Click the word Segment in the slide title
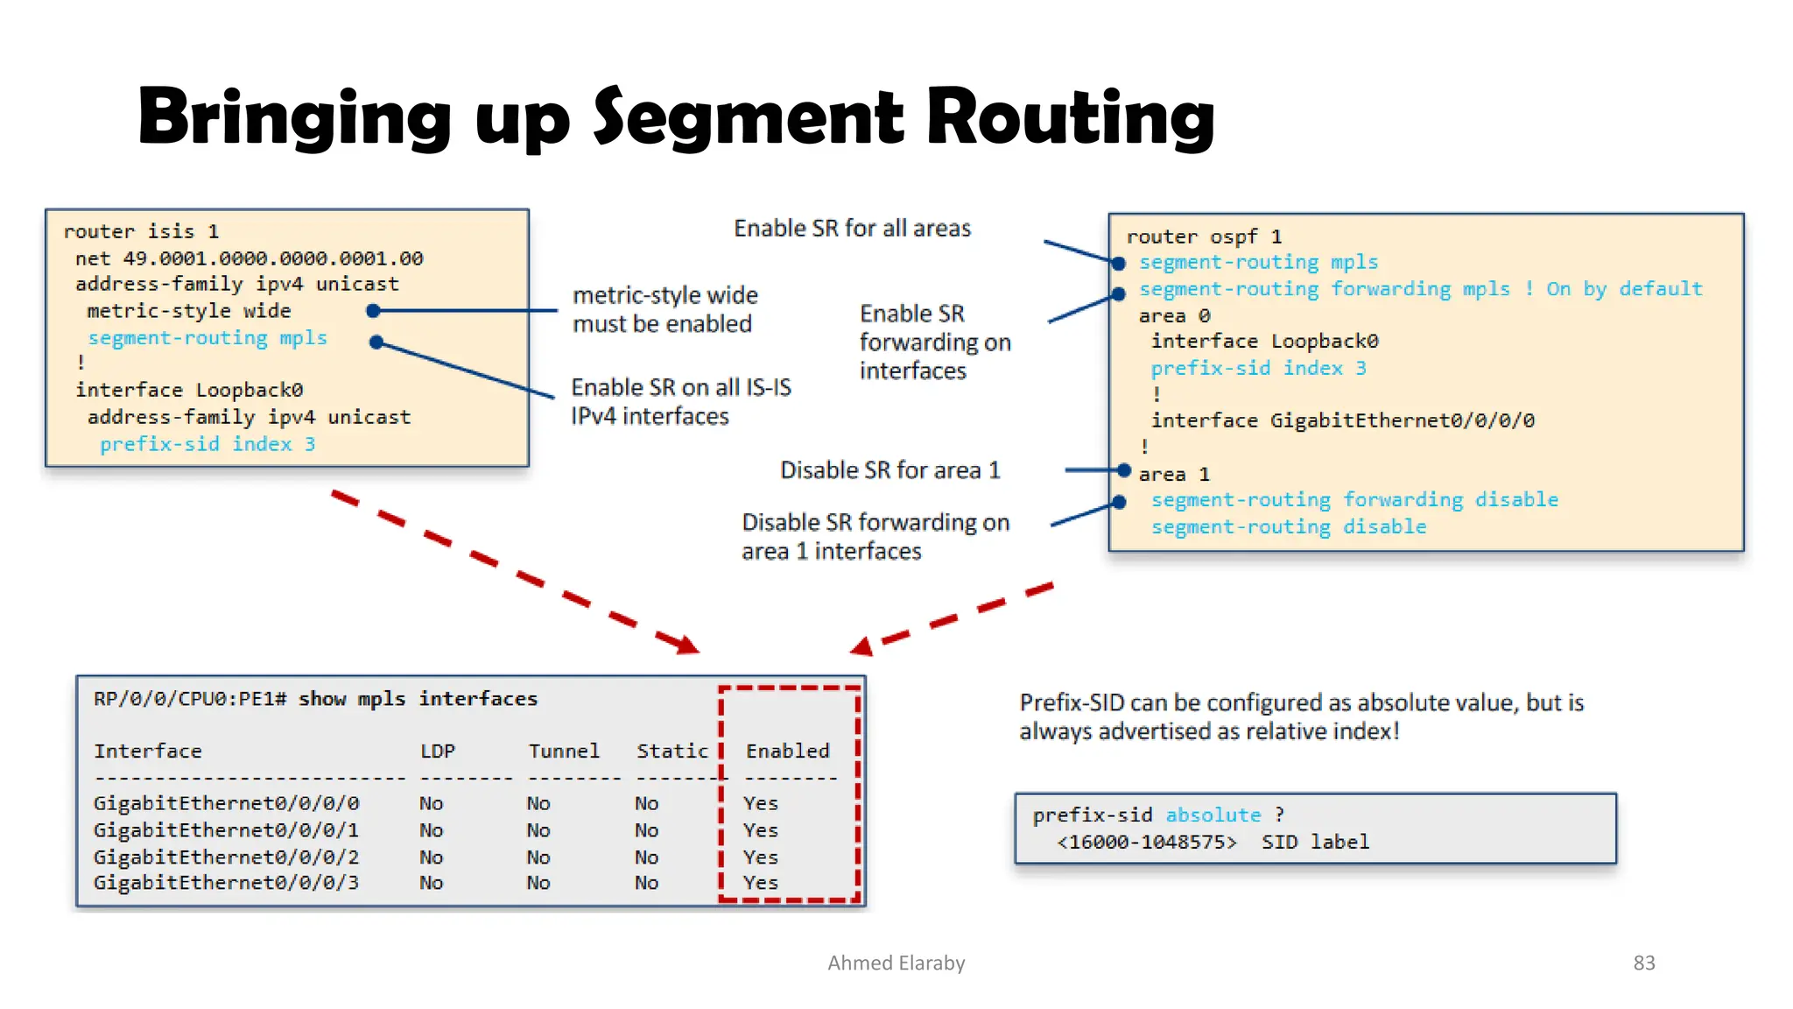(x=749, y=118)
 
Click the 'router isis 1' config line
(x=141, y=232)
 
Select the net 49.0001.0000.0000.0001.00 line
(x=249, y=258)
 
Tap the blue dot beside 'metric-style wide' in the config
(x=373, y=311)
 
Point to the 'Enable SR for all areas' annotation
(x=852, y=229)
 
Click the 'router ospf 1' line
(x=1204, y=237)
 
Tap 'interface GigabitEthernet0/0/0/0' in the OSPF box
(x=1342, y=421)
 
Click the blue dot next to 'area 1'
(x=1124, y=471)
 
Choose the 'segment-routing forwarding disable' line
(x=1354, y=500)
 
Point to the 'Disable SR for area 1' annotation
(x=889, y=470)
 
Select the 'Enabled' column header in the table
(x=787, y=751)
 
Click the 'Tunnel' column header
(x=564, y=751)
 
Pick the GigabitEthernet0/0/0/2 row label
(x=226, y=857)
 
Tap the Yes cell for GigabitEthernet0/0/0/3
(x=760, y=883)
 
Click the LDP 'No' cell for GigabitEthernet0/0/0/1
(x=431, y=830)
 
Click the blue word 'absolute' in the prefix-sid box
(x=1213, y=815)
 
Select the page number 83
(x=1643, y=963)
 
